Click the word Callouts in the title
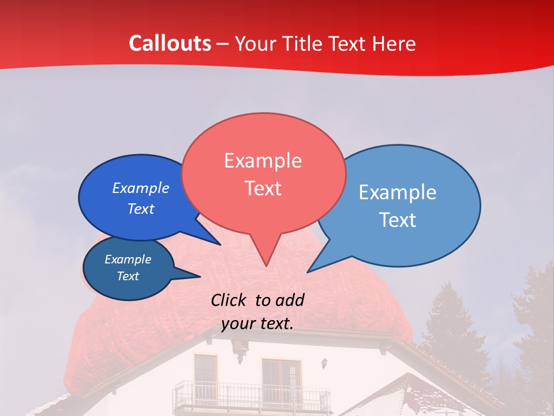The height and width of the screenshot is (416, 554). pos(170,43)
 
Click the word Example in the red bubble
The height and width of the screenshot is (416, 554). pos(263,161)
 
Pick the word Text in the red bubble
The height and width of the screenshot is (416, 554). pos(263,188)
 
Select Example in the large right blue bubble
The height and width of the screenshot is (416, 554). pos(397,192)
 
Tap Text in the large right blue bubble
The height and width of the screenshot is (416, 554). pos(397,220)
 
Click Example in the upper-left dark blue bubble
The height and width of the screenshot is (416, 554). pos(140,188)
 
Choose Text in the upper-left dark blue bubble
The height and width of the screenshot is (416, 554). pos(140,209)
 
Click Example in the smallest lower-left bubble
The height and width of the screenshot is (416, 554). pos(128,259)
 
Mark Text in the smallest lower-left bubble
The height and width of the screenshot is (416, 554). pos(128,276)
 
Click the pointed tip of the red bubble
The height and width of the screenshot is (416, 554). pos(265,265)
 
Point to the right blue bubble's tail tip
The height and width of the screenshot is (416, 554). pos(308,271)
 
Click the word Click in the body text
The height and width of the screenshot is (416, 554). pos(229,300)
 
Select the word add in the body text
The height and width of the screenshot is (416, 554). pos(290,300)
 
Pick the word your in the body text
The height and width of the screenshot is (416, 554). pos(238,324)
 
